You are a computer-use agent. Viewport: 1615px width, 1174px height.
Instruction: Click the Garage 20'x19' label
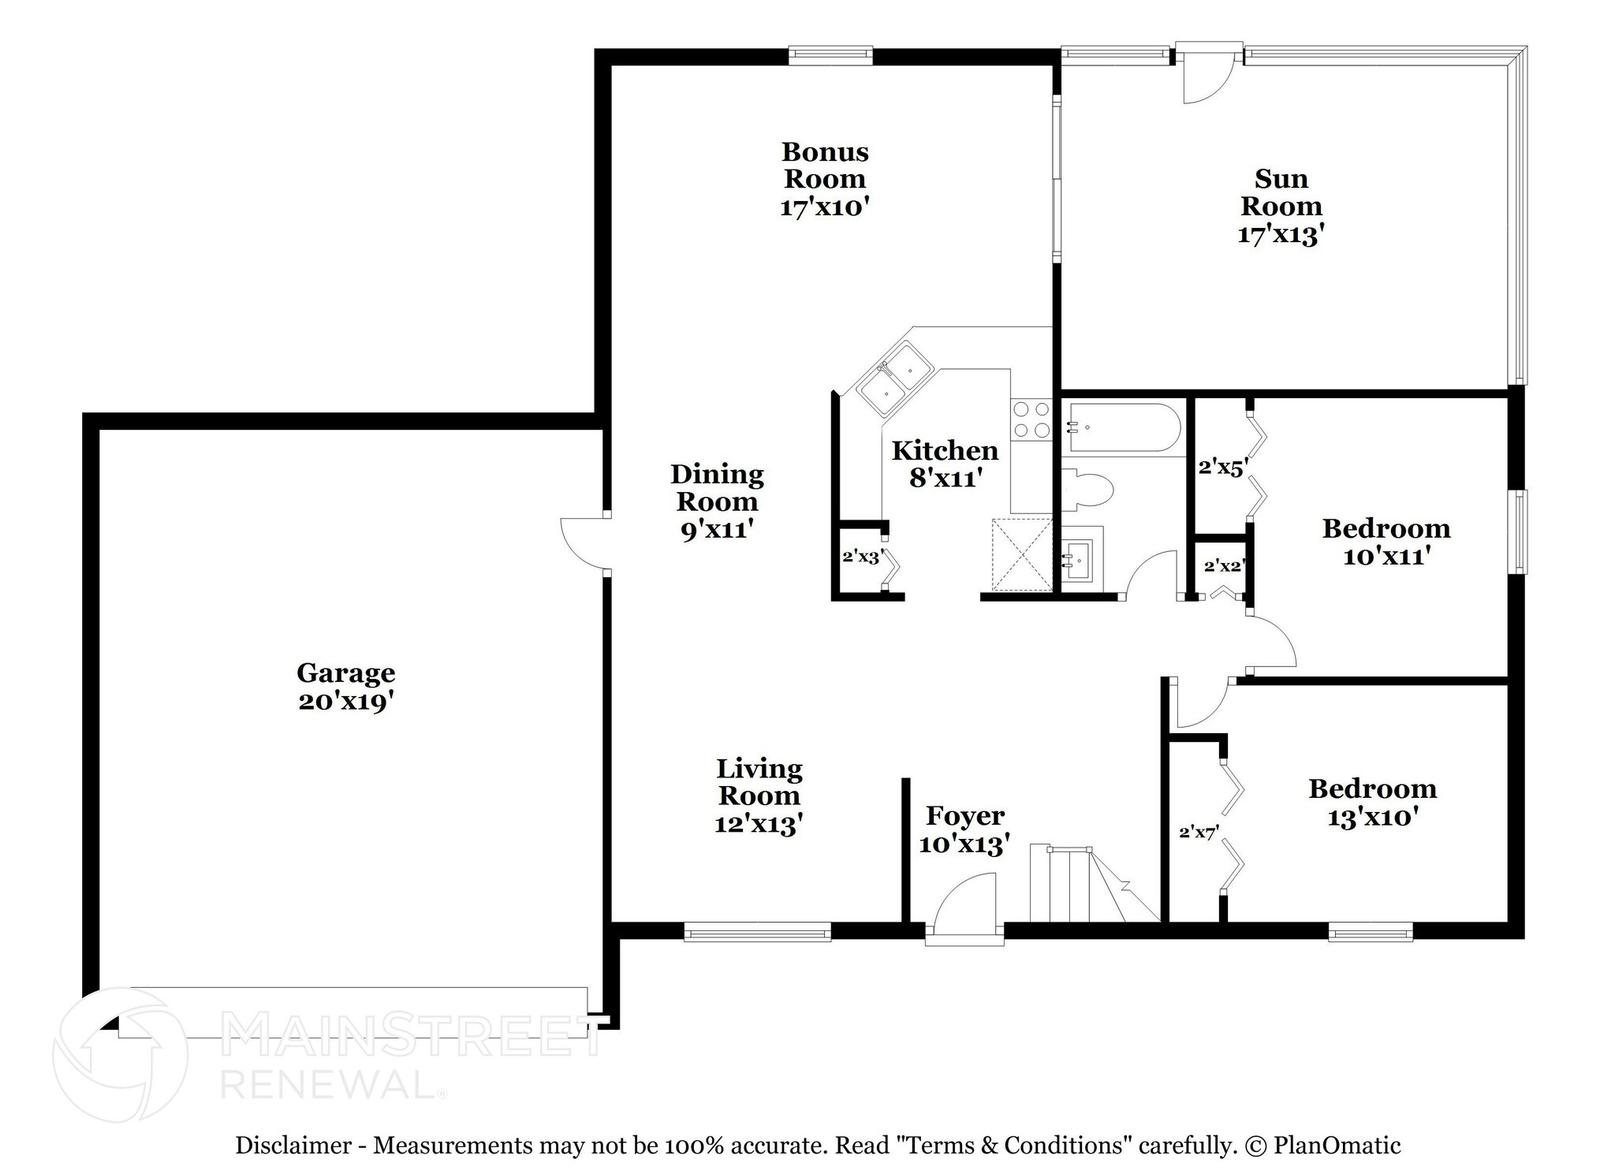pos(345,687)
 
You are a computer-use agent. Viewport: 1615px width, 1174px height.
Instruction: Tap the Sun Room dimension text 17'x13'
pos(1280,234)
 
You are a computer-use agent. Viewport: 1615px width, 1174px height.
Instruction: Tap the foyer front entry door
pos(964,907)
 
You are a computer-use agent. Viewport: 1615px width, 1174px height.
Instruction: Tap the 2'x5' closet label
pos(1221,468)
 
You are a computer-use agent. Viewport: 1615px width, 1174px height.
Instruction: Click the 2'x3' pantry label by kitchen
pos(861,557)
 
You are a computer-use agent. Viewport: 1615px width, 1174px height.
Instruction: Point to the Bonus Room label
pos(824,165)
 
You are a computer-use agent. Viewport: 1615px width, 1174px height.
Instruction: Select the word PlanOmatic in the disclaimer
pos(1337,1146)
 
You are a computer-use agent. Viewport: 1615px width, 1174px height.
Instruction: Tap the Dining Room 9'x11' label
pos(716,501)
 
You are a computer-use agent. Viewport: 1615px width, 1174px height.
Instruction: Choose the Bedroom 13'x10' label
pos(1372,803)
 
